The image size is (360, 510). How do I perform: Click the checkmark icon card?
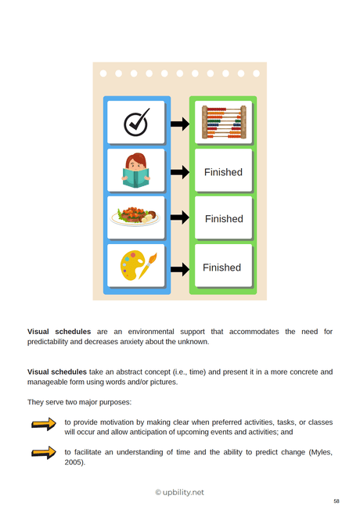coord(137,123)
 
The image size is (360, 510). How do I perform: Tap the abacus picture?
coord(224,123)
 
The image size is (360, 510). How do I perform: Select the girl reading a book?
coord(137,171)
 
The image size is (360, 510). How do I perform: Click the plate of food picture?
coord(135,216)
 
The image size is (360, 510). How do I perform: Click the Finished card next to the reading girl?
coord(224,172)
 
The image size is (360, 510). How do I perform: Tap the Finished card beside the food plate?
coord(224,219)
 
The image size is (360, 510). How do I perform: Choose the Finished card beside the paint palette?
coord(222,268)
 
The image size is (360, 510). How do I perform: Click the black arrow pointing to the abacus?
coord(180,124)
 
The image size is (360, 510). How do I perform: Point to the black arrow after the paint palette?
coord(180,268)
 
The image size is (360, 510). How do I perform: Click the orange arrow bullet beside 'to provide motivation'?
coord(44,425)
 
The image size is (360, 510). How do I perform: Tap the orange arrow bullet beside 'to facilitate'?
coord(44,452)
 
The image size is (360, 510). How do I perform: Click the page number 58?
coord(337,501)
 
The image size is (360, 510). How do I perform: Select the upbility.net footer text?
coord(179,492)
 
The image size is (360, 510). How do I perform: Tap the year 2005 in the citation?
coord(74,462)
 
